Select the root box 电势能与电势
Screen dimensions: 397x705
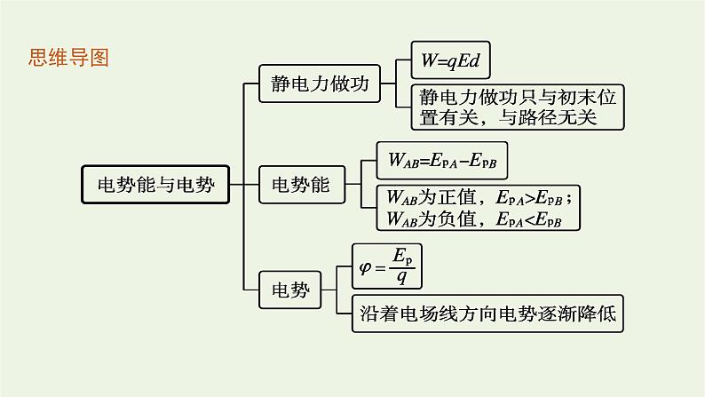[x=154, y=186]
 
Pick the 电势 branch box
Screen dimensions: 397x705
[x=289, y=289]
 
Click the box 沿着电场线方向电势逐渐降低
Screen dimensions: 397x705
[x=489, y=313]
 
